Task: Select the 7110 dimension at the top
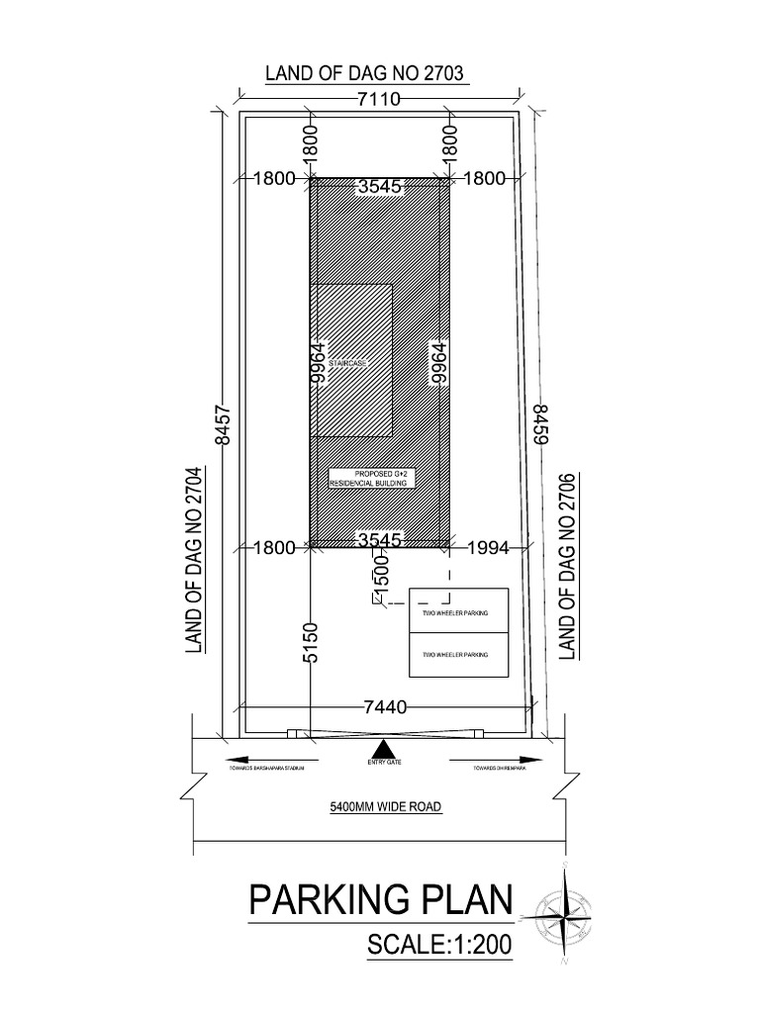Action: point(380,99)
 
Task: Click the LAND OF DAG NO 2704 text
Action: point(194,560)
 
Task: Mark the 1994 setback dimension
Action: point(488,545)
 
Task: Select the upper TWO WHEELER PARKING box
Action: point(458,612)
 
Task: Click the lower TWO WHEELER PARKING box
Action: point(458,656)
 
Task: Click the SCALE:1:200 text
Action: point(438,944)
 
